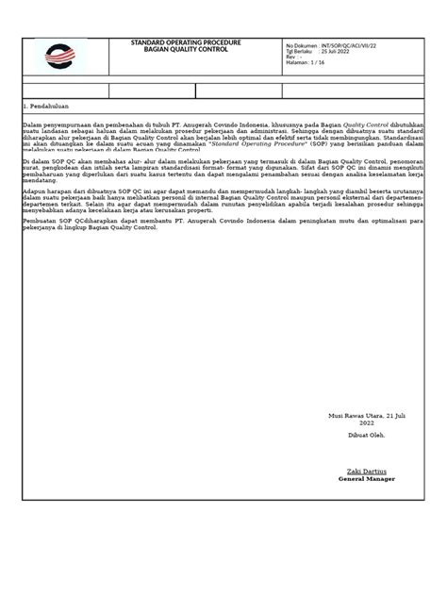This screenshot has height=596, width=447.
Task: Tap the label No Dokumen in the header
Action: (x=300, y=44)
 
